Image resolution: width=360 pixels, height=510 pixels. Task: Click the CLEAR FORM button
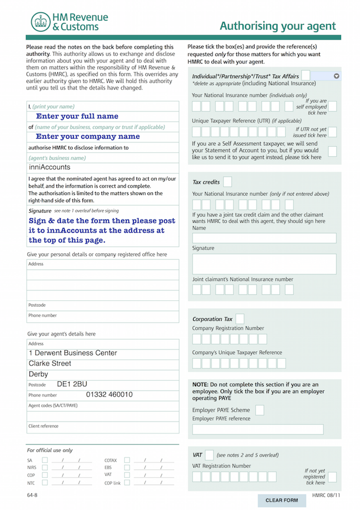click(281, 500)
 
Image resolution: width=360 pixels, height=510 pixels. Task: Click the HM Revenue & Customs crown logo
click(40, 22)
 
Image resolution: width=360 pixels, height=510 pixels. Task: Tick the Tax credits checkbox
click(227, 182)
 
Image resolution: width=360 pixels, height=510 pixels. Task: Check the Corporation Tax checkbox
click(240, 319)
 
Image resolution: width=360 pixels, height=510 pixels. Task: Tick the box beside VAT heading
click(209, 454)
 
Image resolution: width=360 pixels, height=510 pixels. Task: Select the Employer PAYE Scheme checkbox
click(259, 410)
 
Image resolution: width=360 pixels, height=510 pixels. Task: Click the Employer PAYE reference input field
click(257, 429)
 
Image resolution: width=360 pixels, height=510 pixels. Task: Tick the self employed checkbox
click(332, 106)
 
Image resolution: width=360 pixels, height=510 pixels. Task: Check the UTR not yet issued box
click(332, 132)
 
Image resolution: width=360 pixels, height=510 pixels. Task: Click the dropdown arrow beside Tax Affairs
click(336, 76)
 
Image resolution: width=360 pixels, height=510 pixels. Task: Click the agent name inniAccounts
click(49, 167)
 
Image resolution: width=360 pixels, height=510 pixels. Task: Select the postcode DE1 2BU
click(72, 384)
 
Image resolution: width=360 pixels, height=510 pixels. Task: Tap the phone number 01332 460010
click(109, 394)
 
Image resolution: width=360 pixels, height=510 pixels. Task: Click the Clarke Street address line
click(50, 363)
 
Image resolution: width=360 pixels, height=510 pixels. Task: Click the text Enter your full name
click(77, 117)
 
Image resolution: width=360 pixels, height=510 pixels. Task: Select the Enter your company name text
click(87, 136)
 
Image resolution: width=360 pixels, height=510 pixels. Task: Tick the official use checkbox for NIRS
click(45, 467)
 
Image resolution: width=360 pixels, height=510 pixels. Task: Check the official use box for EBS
click(127, 467)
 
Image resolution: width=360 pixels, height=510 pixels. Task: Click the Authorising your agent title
click(277, 26)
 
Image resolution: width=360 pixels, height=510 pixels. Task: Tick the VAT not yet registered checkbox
click(332, 476)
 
